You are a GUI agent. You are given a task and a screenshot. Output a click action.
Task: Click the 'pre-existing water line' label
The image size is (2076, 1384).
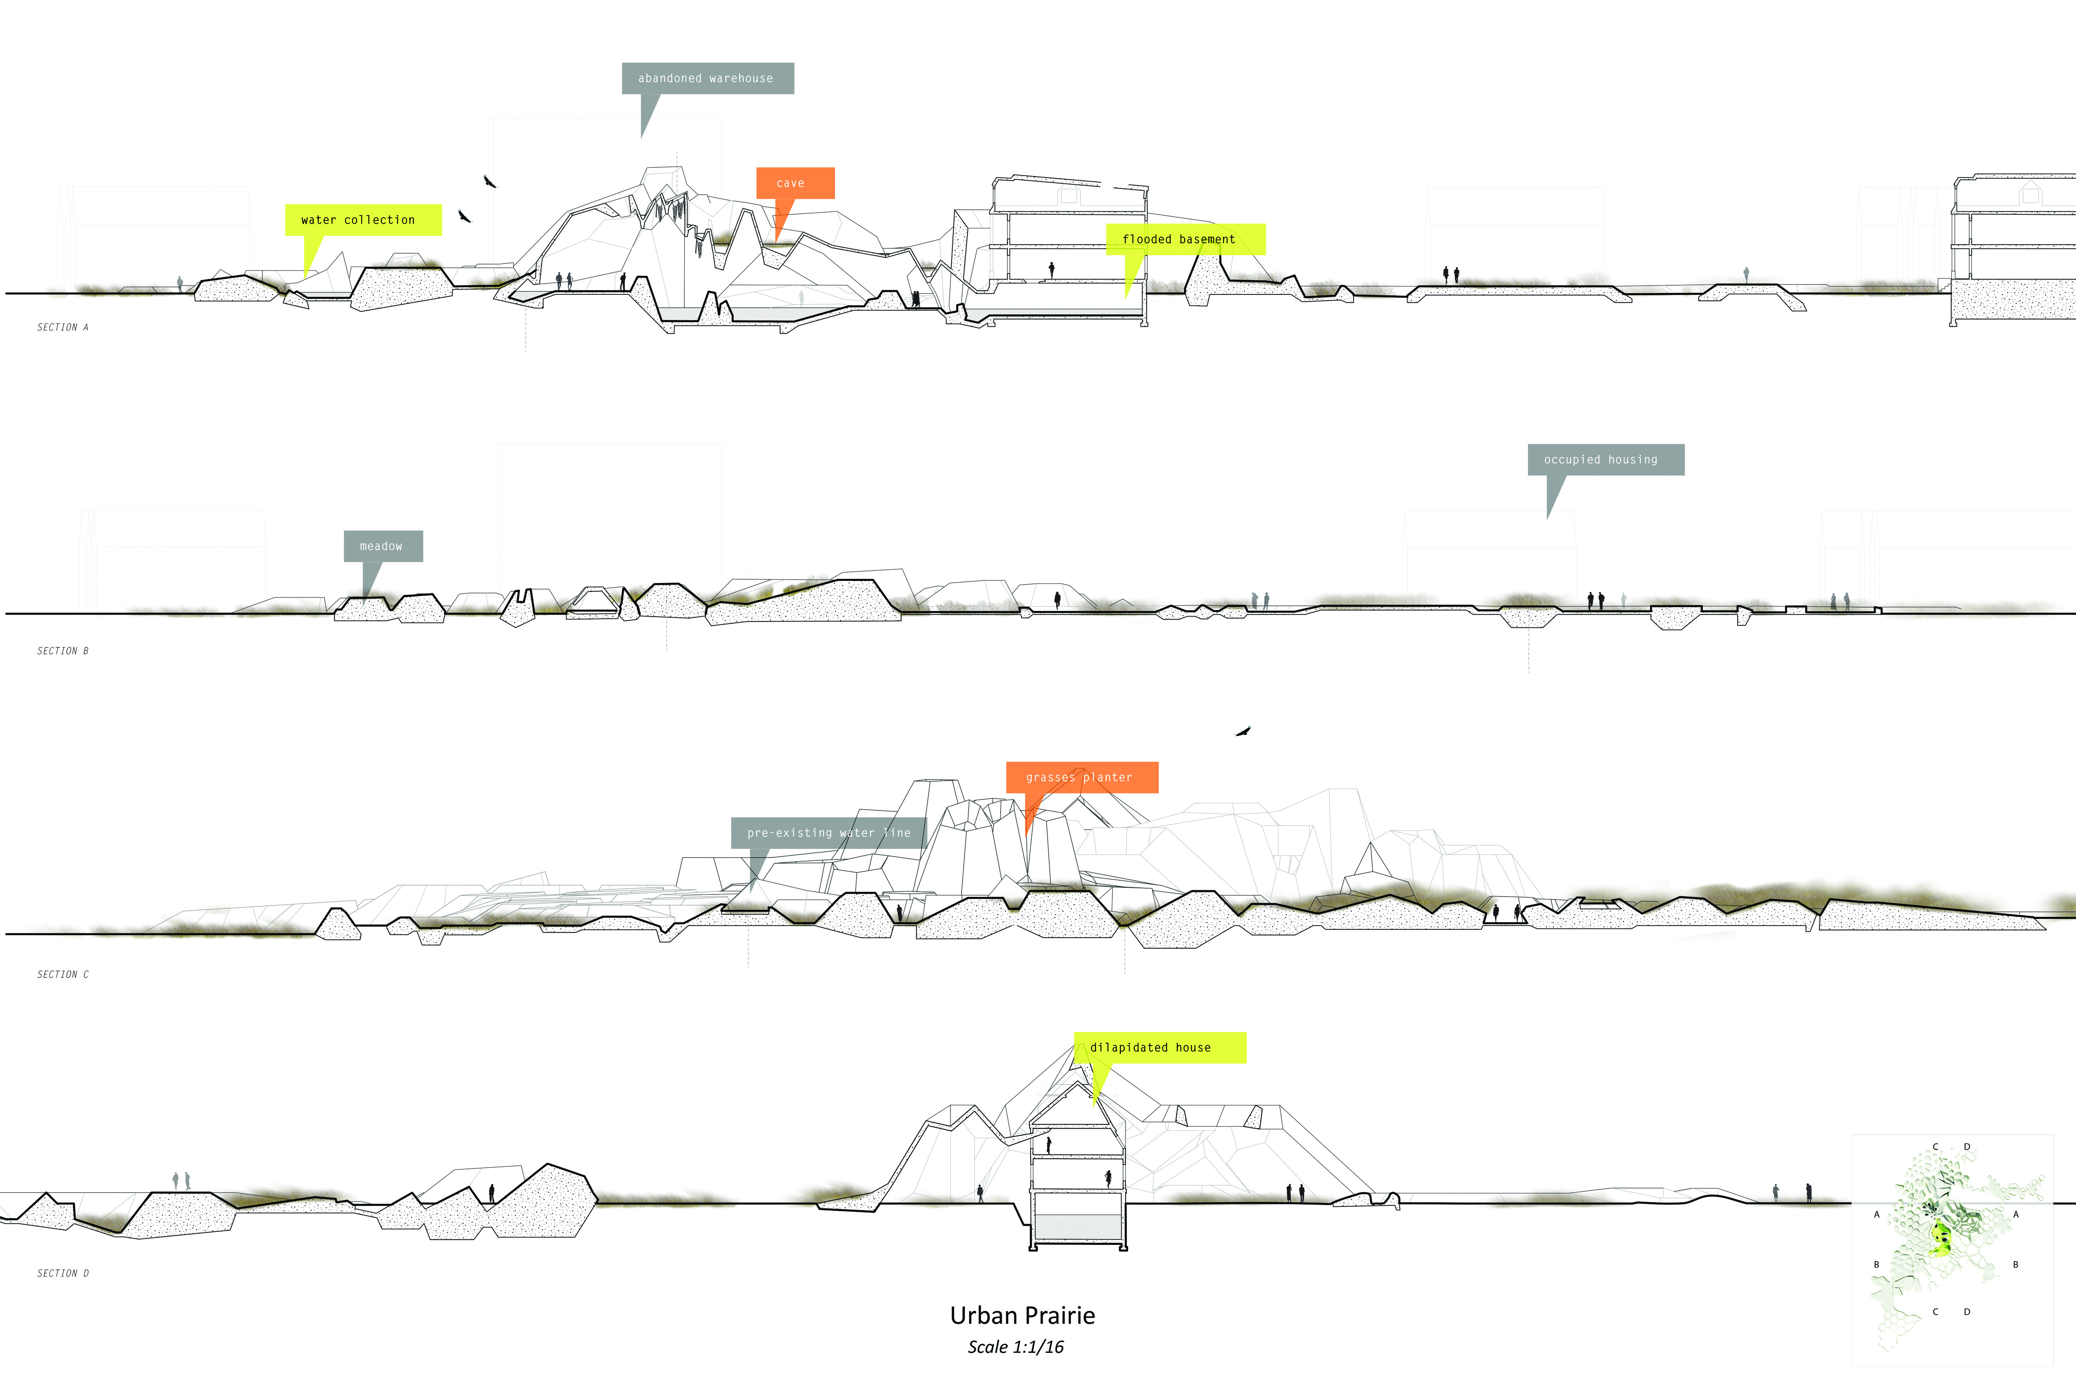tap(828, 832)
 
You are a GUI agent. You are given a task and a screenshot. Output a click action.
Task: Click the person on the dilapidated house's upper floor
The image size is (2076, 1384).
tap(1049, 1146)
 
